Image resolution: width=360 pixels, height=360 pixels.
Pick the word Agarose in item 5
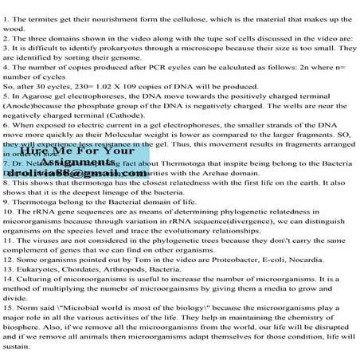point(46,100)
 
